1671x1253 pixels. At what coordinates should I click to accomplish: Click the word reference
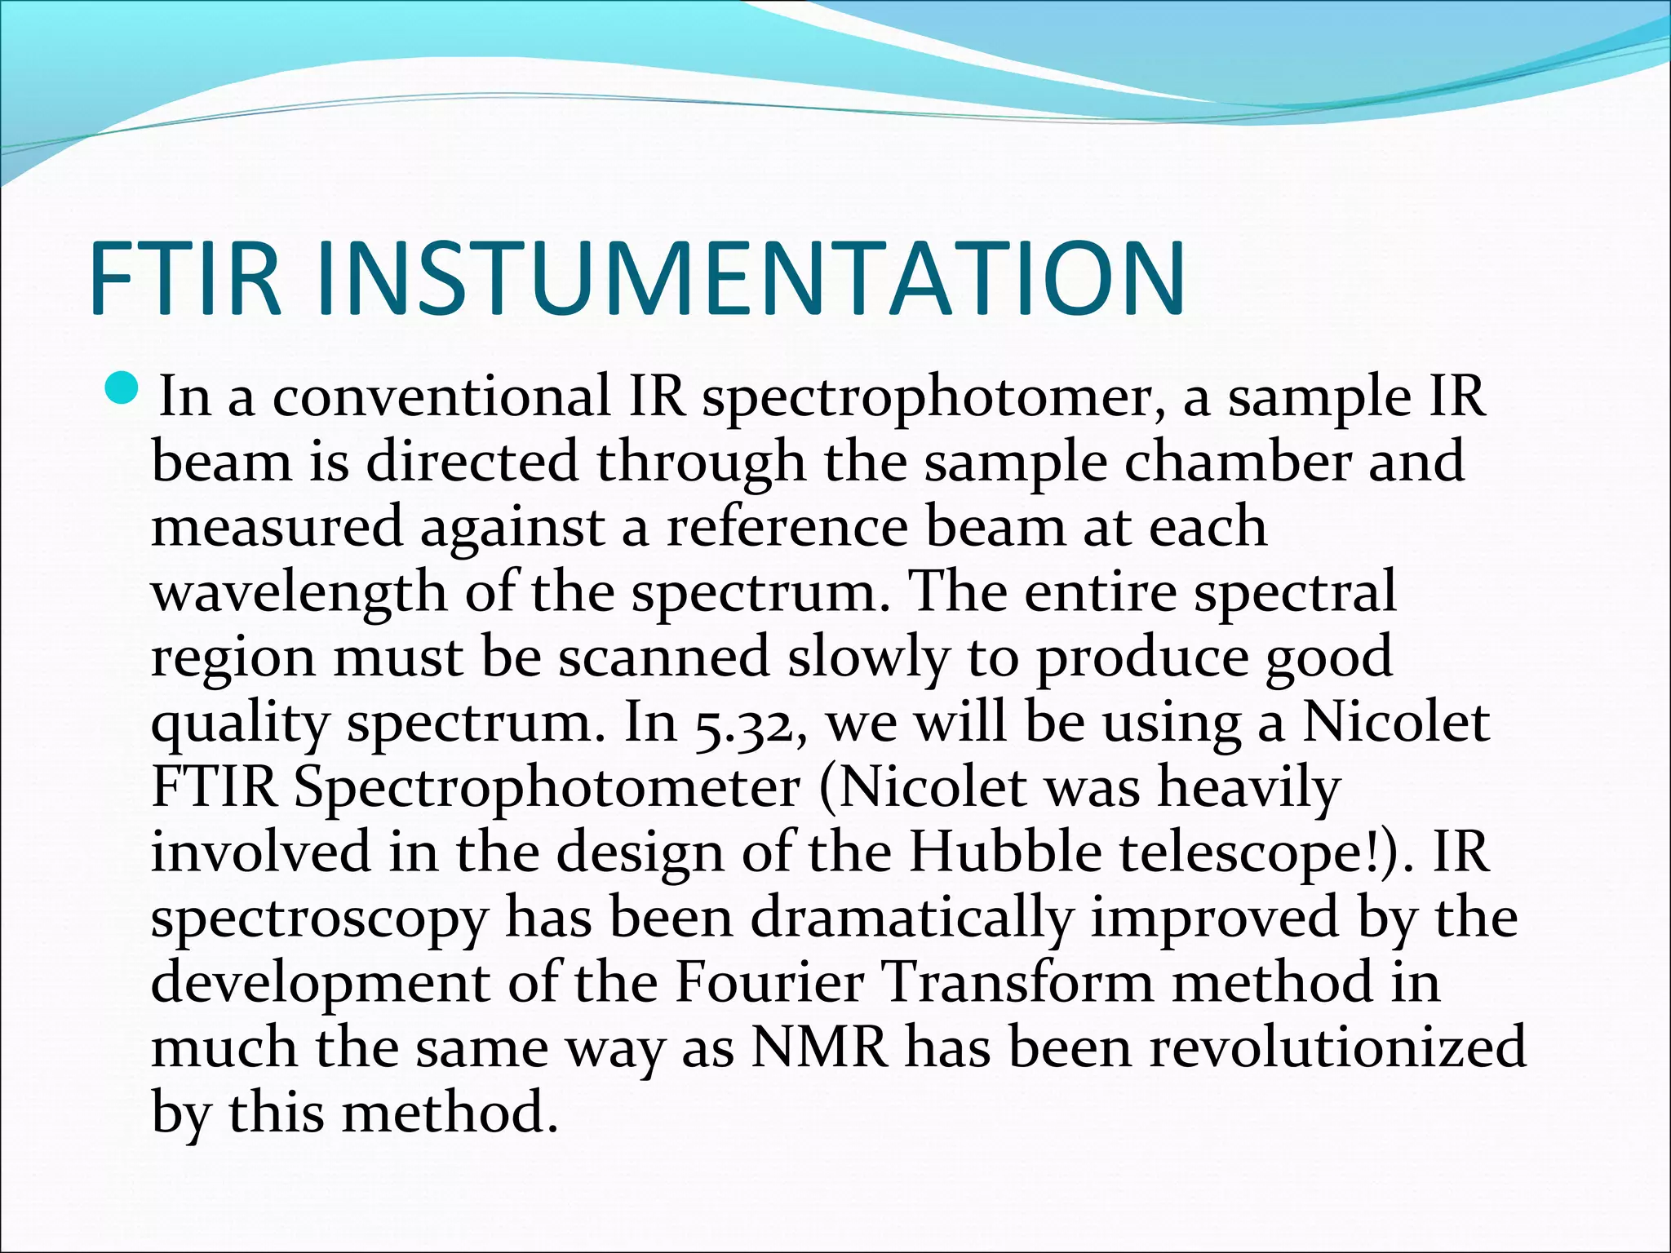pyautogui.click(x=787, y=527)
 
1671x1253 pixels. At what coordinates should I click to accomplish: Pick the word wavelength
pyautogui.click(x=299, y=593)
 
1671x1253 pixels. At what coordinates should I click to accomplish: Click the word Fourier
pyautogui.click(x=769, y=983)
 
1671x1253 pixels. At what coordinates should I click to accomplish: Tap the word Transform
pyautogui.click(x=1019, y=983)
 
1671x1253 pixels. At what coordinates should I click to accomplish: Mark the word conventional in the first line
pyautogui.click(x=441, y=397)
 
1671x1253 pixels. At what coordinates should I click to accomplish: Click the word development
pyautogui.click(x=320, y=985)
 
